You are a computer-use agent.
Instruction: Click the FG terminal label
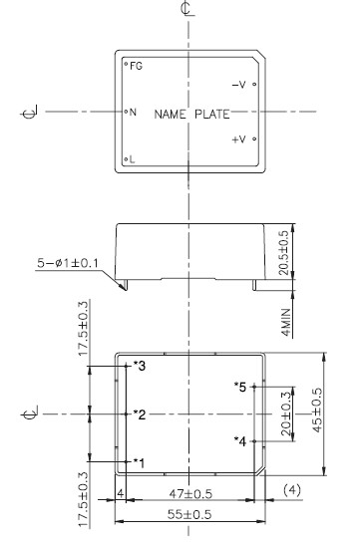point(137,66)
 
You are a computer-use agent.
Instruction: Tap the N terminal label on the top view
point(133,113)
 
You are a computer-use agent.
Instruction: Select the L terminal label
point(132,159)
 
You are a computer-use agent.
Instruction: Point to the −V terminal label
point(239,85)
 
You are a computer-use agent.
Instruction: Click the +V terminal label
point(239,139)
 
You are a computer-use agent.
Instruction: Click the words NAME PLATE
point(191,114)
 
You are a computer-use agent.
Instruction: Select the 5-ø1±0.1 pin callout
point(68,263)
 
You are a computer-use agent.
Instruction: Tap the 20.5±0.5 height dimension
point(284,252)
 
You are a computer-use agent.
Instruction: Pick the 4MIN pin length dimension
point(286,322)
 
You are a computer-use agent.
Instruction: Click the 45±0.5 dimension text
point(317,410)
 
